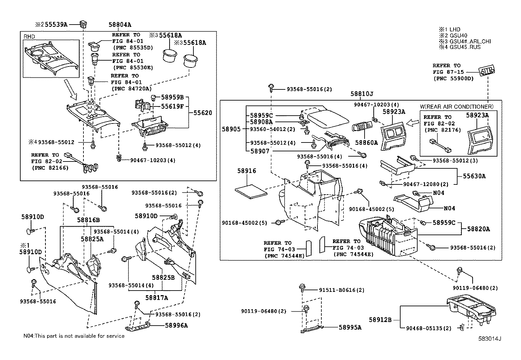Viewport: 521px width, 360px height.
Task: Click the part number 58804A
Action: tap(120, 24)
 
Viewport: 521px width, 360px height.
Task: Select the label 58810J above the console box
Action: tap(362, 94)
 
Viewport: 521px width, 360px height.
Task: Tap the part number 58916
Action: tap(246, 171)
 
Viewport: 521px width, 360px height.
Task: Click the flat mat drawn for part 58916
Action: tap(251, 192)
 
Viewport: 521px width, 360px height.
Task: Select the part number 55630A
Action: tap(474, 176)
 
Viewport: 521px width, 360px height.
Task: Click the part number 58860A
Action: tap(366, 142)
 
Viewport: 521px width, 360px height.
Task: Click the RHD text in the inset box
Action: tap(29, 37)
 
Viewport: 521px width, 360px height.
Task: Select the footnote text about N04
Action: tap(74, 336)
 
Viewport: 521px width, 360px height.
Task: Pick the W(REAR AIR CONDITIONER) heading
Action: tap(457, 106)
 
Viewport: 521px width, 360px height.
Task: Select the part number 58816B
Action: tap(88, 220)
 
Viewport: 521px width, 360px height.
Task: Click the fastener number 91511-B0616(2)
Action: tap(342, 290)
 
